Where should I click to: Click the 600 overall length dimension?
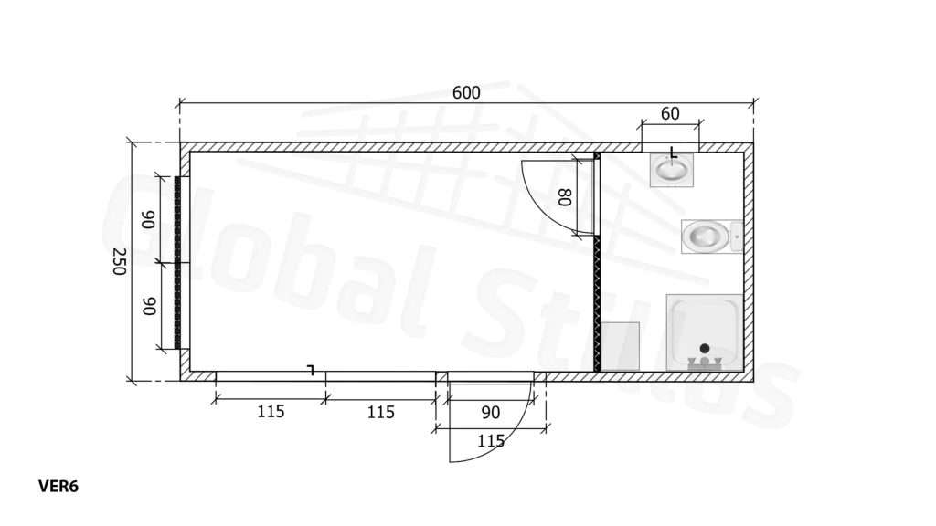click(x=466, y=93)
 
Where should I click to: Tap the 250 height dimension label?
click(x=120, y=261)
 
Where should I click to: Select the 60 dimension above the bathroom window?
click(x=670, y=113)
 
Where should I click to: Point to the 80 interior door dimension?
click(x=565, y=197)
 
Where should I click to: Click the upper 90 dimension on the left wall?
click(x=148, y=219)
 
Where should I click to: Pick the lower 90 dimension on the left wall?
click(x=148, y=306)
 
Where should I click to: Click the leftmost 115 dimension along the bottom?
click(x=271, y=412)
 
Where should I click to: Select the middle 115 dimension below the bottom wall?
click(x=381, y=412)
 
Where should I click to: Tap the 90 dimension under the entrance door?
click(x=490, y=412)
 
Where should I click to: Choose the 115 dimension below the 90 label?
click(x=491, y=441)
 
